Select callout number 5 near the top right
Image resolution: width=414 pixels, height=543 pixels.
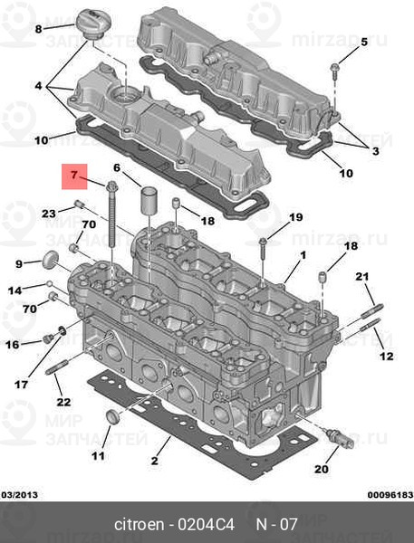(364, 42)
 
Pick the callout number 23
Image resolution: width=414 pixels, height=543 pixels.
(49, 213)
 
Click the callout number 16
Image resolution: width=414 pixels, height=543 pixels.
(13, 344)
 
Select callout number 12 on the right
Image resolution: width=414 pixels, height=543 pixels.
(387, 356)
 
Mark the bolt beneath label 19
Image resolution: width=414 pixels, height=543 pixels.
(262, 244)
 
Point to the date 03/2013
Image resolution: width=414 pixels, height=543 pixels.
(19, 494)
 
